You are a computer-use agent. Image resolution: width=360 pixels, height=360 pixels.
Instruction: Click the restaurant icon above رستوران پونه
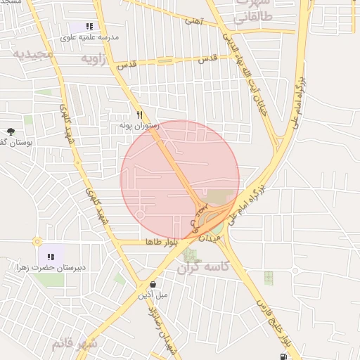pyautogui.click(x=140, y=115)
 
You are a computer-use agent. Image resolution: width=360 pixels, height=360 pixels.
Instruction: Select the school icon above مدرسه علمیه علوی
pyautogui.click(x=89, y=25)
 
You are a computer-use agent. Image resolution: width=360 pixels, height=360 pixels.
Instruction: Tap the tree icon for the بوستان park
pyautogui.click(x=11, y=131)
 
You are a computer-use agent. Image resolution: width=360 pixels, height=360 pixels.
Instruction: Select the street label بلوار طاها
pyautogui.click(x=159, y=242)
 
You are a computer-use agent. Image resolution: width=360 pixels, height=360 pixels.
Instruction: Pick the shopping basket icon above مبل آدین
pyautogui.click(x=153, y=285)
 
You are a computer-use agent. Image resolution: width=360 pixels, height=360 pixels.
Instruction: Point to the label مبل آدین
pyautogui.click(x=153, y=295)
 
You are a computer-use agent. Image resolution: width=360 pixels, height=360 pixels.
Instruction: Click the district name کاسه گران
pyautogui.click(x=208, y=267)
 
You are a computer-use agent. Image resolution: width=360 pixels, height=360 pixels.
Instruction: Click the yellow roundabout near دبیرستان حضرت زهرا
pyautogui.click(x=37, y=241)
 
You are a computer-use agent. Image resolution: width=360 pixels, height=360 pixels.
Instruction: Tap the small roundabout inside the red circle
pyautogui.click(x=141, y=214)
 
